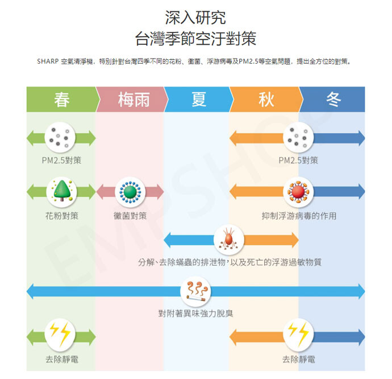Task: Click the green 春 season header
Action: click(61, 100)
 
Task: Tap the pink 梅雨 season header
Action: click(134, 100)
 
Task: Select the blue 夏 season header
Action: click(199, 100)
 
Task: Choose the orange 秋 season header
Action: click(266, 100)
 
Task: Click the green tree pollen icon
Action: click(61, 192)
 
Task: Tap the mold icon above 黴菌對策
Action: click(130, 192)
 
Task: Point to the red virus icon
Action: click(298, 192)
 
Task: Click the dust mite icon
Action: click(229, 240)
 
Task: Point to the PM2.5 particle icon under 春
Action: click(61, 137)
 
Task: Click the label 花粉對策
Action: click(61, 216)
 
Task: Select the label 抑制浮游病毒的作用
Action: click(299, 216)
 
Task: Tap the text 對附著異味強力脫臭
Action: click(195, 314)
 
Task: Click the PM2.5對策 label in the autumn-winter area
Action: click(298, 160)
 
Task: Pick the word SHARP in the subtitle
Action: click(47, 60)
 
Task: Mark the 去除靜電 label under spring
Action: click(61, 360)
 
